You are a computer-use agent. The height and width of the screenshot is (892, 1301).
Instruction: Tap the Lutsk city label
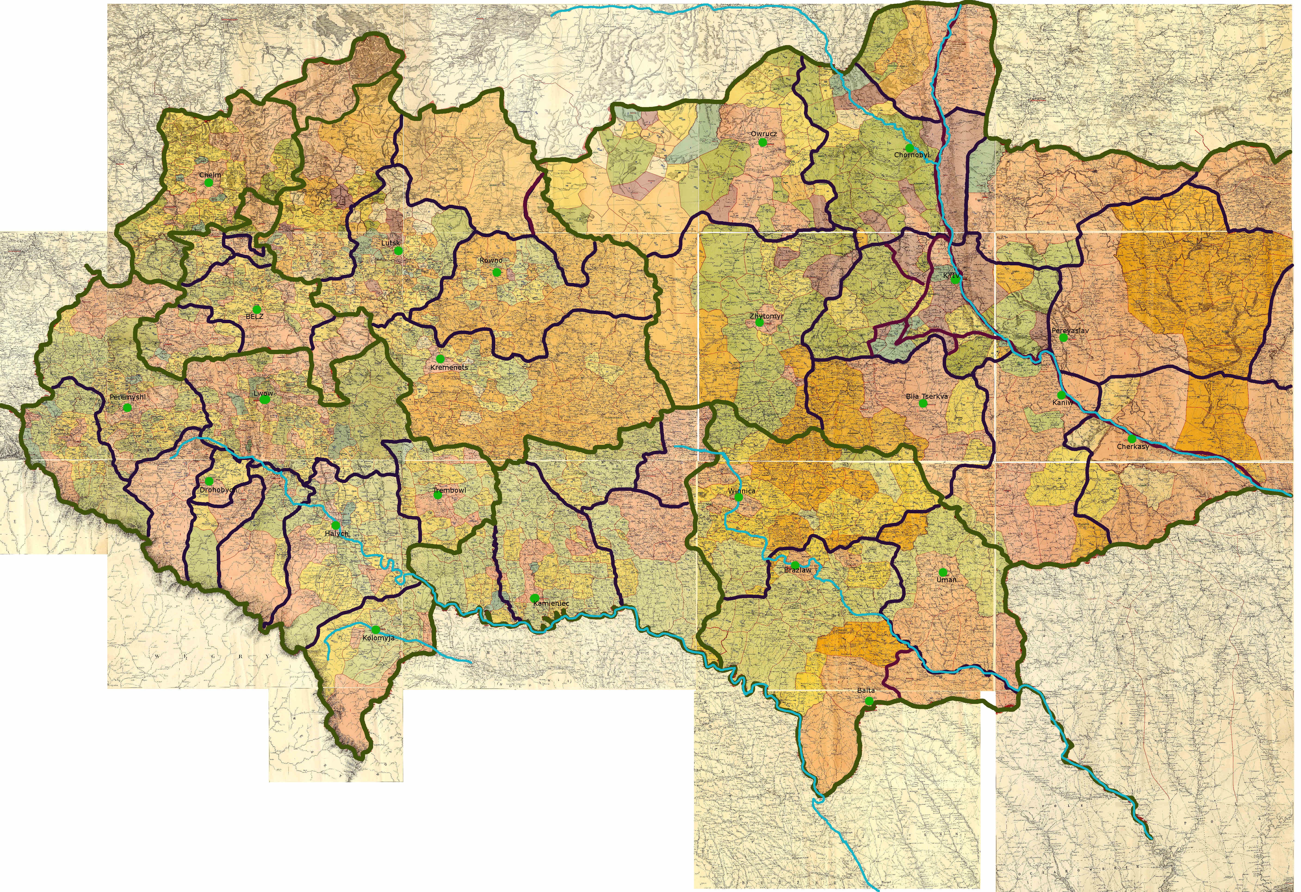[391, 243]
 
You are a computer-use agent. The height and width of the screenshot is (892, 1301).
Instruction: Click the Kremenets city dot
[440, 358]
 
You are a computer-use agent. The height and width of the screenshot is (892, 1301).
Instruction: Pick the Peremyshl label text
[128, 397]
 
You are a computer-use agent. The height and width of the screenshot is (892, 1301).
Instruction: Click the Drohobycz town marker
[209, 481]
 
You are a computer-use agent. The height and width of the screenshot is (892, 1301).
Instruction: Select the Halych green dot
[335, 525]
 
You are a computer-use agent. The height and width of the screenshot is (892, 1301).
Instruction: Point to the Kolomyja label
[378, 638]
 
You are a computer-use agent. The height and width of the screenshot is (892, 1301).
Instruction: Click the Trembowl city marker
[438, 495]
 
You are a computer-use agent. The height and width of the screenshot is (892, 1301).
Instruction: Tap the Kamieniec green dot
[535, 598]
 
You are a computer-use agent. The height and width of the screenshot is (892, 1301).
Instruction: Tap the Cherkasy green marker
[1132, 439]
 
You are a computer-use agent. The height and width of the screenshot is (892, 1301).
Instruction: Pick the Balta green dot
[868, 700]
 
